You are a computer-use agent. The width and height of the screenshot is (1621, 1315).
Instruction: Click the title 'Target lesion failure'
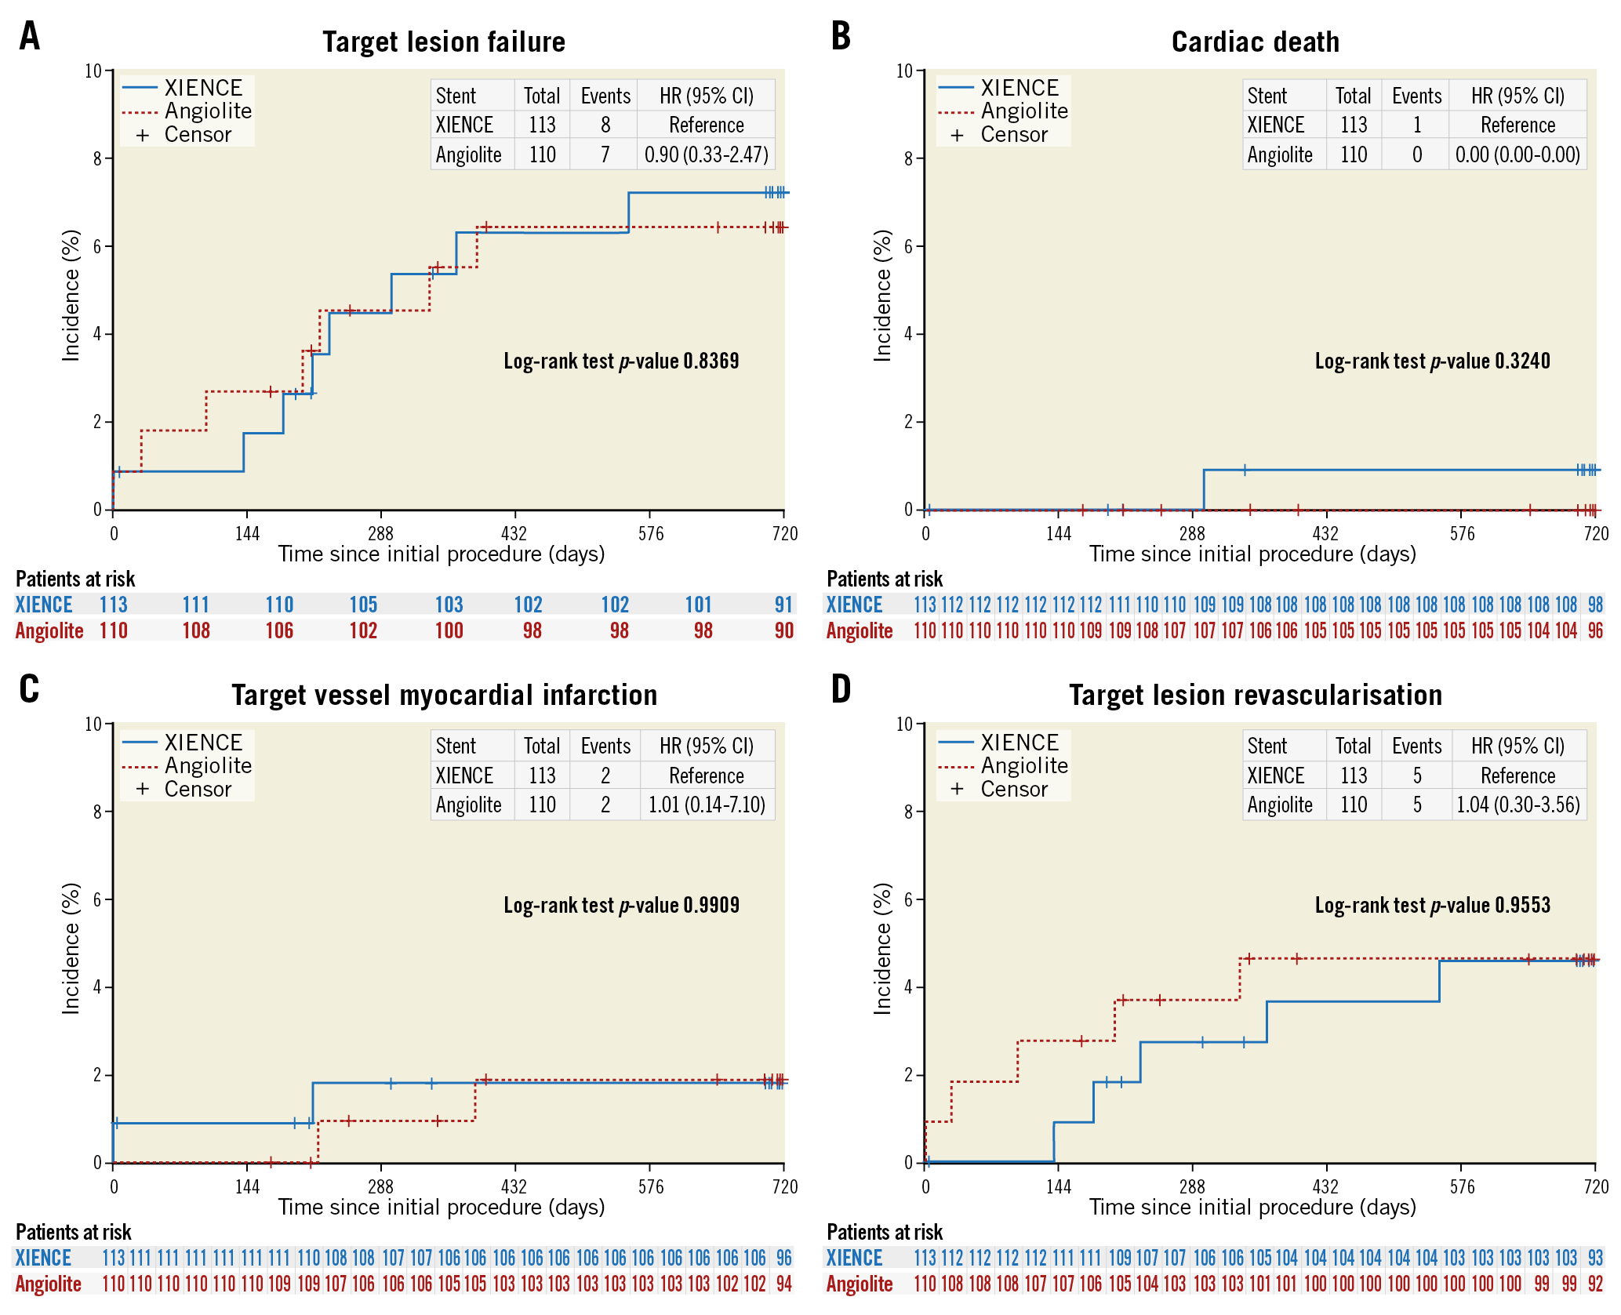[x=444, y=42]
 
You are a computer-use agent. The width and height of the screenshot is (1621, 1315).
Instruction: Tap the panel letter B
[x=841, y=36]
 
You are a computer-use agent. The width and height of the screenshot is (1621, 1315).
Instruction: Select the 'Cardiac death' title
[x=1255, y=42]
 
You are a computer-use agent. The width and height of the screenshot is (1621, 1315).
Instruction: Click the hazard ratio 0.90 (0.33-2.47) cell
[x=706, y=154]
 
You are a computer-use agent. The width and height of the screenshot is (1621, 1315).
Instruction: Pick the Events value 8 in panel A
[x=605, y=125]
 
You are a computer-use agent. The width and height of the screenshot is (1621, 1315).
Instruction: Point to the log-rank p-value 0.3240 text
[x=1432, y=361]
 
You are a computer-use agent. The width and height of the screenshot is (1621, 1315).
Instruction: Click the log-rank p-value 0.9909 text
[x=621, y=905]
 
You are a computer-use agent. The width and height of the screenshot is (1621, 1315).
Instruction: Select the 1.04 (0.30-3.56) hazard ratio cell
[x=1518, y=805]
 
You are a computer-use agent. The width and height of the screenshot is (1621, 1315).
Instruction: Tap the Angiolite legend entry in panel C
[x=208, y=765]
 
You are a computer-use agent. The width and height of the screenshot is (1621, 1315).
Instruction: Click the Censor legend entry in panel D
[x=1013, y=789]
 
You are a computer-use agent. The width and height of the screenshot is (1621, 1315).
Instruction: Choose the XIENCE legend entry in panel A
[x=203, y=88]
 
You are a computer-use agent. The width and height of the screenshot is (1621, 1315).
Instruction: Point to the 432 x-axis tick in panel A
[x=514, y=533]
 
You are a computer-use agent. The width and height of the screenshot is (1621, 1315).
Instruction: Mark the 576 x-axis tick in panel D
[x=1462, y=1186]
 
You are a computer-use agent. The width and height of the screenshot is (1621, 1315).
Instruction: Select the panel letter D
[x=841, y=689]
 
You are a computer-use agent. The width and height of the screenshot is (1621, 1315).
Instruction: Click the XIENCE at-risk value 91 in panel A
[x=783, y=605]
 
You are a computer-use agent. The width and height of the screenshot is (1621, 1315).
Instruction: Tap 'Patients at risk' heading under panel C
[x=74, y=1232]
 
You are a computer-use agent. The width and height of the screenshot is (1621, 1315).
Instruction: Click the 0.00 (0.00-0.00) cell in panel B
[x=1517, y=154]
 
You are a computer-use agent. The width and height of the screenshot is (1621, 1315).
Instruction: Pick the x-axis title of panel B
[x=1252, y=554]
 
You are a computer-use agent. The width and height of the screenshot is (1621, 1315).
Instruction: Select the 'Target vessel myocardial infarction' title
[x=444, y=695]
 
